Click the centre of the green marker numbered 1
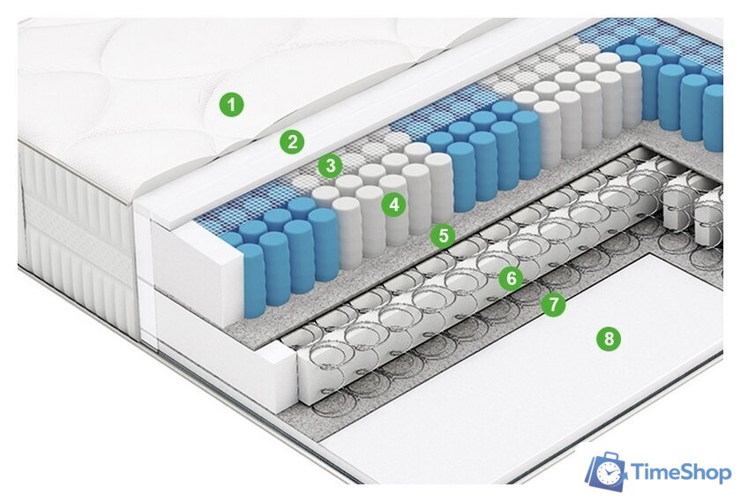click(231, 104)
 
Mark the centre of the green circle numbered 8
click(609, 339)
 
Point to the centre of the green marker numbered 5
click(443, 235)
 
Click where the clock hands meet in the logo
click(607, 473)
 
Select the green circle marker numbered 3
click(330, 166)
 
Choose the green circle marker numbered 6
click(512, 278)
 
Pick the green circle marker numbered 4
click(394, 204)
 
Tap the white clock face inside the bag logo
click(607, 473)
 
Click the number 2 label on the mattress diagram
click(292, 141)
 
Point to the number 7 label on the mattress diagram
click(553, 304)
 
